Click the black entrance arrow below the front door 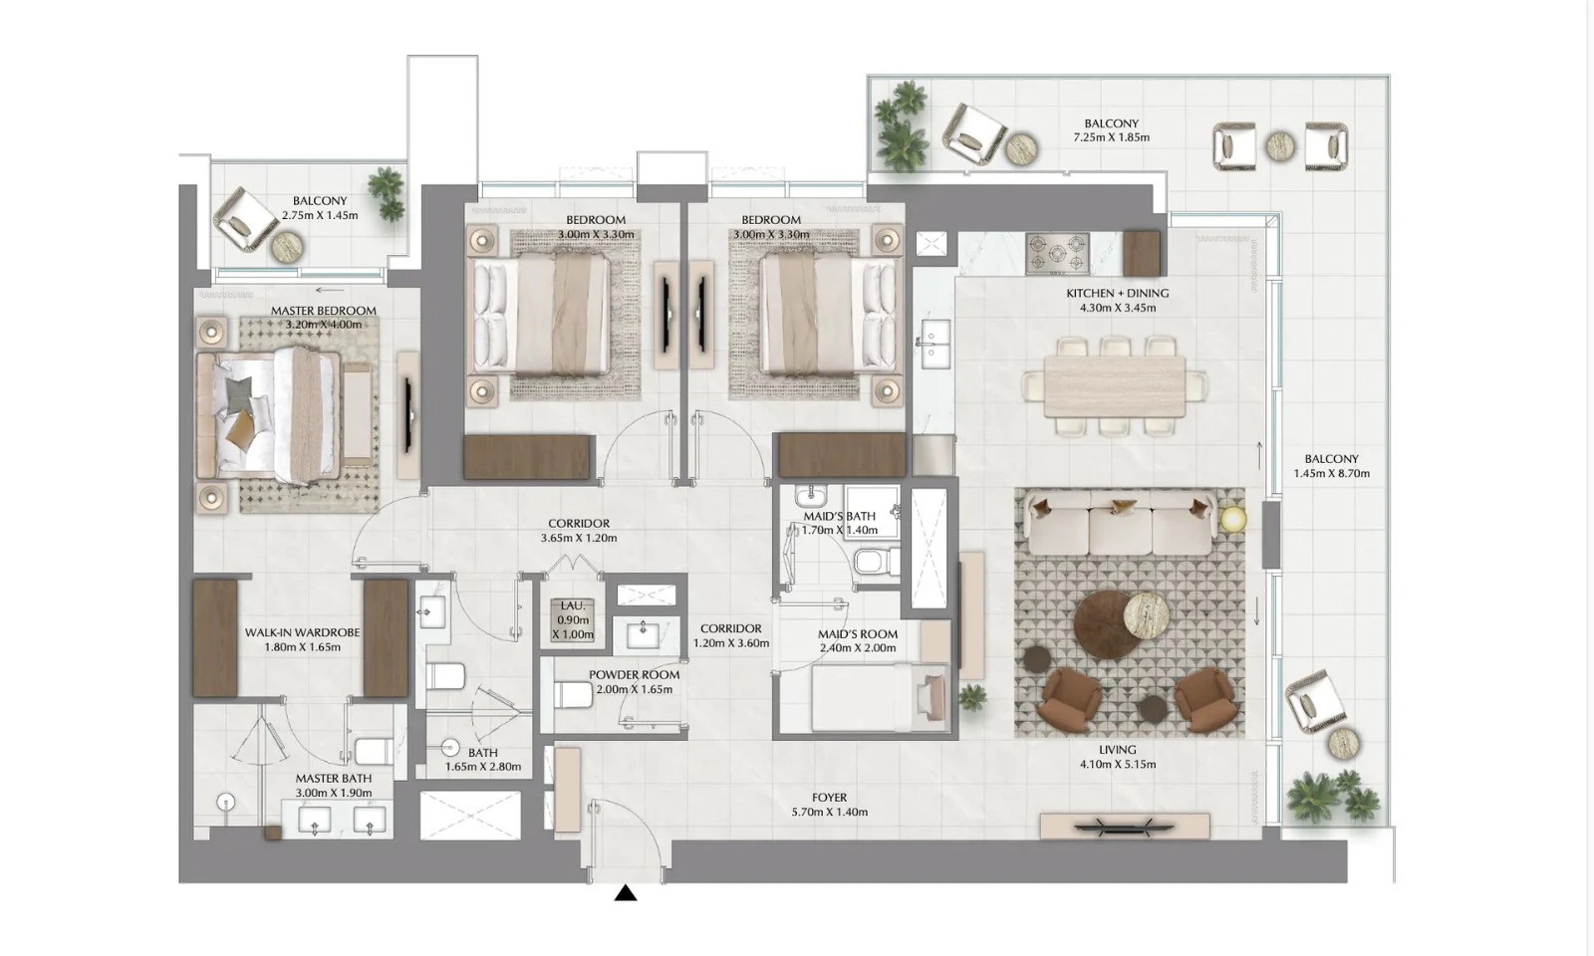pos(625,892)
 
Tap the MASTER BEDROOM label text pos(323,311)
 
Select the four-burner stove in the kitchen pos(1057,253)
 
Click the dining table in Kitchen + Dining pos(1115,386)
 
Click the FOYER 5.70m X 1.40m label pos(829,805)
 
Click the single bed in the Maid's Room pos(867,698)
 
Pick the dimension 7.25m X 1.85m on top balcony pos(1111,137)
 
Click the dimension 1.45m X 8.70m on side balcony pos(1331,474)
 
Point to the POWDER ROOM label pos(634,674)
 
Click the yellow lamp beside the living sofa pos(1233,520)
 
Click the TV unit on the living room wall pos(1124,826)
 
